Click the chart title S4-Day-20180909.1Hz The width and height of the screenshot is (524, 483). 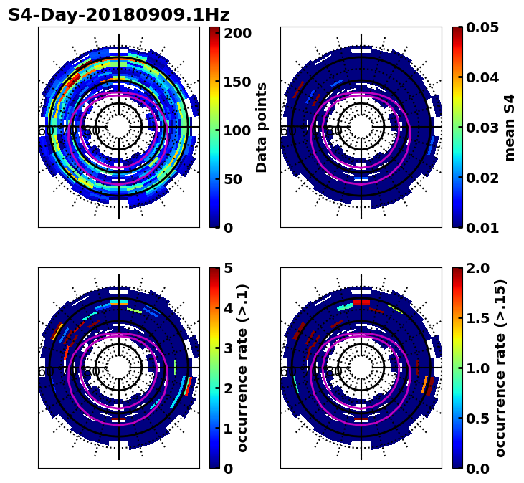tap(119, 15)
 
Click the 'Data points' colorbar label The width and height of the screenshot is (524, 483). tap(262, 128)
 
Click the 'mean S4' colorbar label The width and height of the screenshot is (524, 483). tap(510, 128)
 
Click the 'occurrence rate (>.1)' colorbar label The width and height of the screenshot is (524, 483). tap(243, 368)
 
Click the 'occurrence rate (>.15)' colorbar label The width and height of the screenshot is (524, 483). tap(500, 368)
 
